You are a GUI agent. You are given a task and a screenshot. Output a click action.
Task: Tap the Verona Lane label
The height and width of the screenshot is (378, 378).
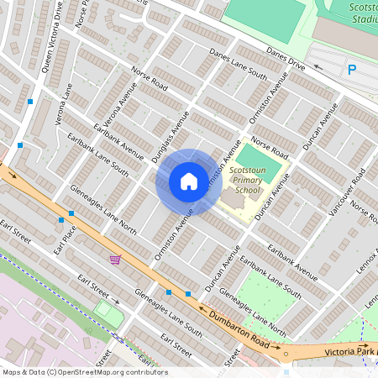point(64,104)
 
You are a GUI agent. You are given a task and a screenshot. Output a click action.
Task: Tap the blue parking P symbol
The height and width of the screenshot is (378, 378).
point(352,71)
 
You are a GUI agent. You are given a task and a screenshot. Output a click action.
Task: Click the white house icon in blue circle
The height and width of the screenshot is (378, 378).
point(189,181)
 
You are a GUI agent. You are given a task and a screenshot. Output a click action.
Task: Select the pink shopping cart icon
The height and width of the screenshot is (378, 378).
point(114,260)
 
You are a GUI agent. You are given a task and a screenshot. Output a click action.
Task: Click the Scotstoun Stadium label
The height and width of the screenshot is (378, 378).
point(362,12)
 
